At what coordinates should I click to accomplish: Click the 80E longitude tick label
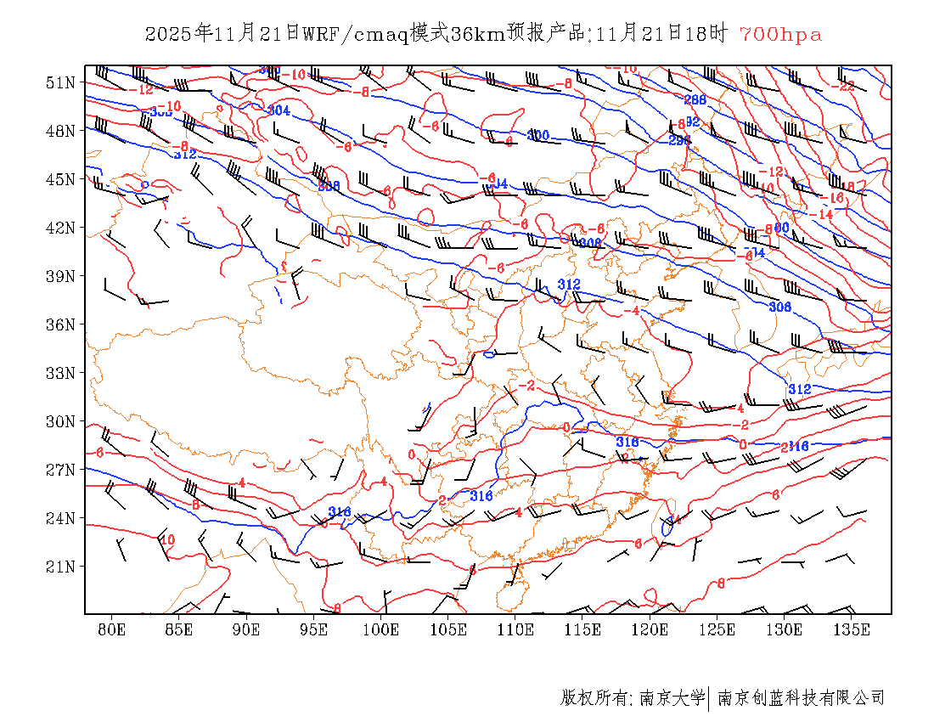(111, 629)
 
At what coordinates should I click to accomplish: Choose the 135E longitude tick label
(852, 629)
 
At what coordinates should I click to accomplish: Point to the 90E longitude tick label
(246, 629)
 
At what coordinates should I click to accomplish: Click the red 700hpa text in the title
(780, 34)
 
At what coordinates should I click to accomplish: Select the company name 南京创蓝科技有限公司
(801, 698)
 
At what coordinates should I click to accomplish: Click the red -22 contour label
(846, 86)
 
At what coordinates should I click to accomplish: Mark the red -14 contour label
(823, 214)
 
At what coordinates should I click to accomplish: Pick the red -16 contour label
(835, 198)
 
